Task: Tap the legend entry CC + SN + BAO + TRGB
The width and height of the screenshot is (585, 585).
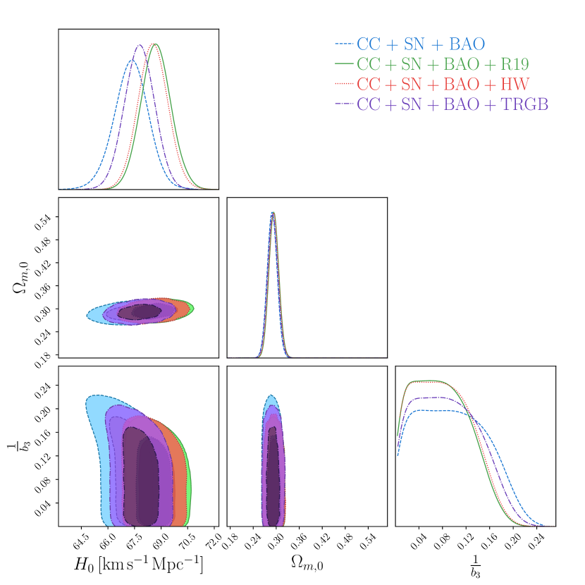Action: (452, 104)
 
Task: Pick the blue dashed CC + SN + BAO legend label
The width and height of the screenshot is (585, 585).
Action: (421, 44)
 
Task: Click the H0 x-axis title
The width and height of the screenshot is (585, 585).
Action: (138, 564)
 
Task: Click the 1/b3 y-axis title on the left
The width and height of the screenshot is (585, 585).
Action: (21, 445)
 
